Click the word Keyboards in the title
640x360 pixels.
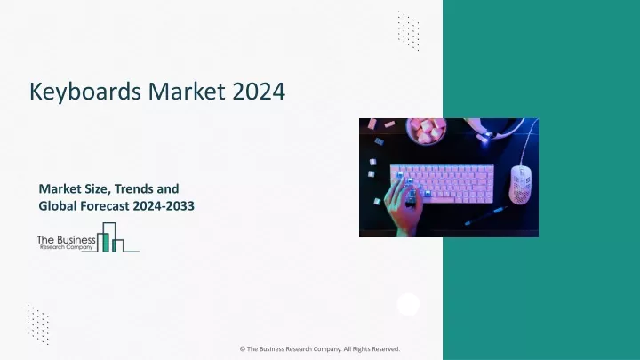(x=86, y=92)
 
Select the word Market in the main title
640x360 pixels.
(x=187, y=91)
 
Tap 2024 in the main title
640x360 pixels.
(x=259, y=91)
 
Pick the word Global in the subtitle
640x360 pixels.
(x=58, y=205)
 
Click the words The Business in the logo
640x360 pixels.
(x=66, y=240)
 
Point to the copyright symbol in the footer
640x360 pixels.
(x=243, y=349)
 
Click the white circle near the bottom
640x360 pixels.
(x=408, y=304)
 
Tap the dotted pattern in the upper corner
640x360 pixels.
(x=409, y=30)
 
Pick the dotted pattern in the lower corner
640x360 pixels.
(x=38, y=324)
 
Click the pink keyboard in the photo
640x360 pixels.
(x=442, y=184)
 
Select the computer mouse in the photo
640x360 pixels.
(x=521, y=185)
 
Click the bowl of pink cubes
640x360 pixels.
(x=426, y=131)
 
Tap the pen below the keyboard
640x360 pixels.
(x=486, y=215)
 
